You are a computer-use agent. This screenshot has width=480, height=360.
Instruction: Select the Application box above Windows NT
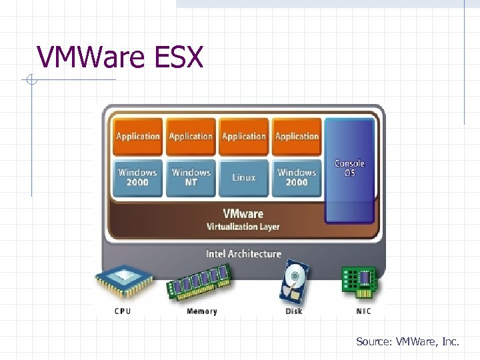click(191, 136)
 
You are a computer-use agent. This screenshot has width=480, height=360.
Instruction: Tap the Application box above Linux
click(244, 136)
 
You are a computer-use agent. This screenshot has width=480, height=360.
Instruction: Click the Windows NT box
click(191, 177)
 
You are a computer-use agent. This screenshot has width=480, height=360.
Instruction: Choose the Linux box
click(244, 177)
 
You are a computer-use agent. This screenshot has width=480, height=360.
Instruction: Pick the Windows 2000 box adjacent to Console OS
click(297, 177)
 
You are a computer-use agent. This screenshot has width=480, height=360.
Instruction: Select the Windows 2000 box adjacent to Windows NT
click(137, 177)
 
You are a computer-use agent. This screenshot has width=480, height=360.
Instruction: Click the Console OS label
click(349, 168)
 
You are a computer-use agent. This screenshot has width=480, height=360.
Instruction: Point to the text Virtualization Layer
click(243, 227)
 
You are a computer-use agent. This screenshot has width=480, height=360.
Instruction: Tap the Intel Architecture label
click(243, 254)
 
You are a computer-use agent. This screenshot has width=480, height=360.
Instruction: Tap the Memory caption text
click(201, 311)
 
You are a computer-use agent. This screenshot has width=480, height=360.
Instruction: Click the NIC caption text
click(363, 311)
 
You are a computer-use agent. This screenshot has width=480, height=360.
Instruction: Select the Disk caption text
click(294, 311)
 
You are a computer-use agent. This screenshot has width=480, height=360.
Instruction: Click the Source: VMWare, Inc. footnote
click(407, 342)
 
